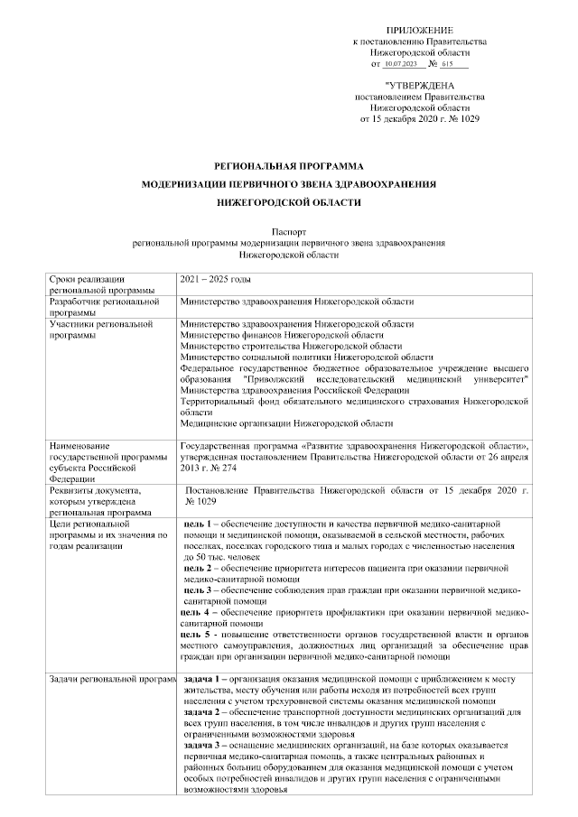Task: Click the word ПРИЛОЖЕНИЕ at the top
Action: tap(420, 32)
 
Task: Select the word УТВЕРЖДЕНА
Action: tap(423, 85)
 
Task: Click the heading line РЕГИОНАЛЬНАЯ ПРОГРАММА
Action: tap(288, 166)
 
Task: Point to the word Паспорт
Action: tap(288, 232)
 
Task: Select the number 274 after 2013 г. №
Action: tap(238, 469)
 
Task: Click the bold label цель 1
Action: tap(198, 524)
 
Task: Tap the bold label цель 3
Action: tap(198, 590)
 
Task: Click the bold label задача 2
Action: tap(201, 711)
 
